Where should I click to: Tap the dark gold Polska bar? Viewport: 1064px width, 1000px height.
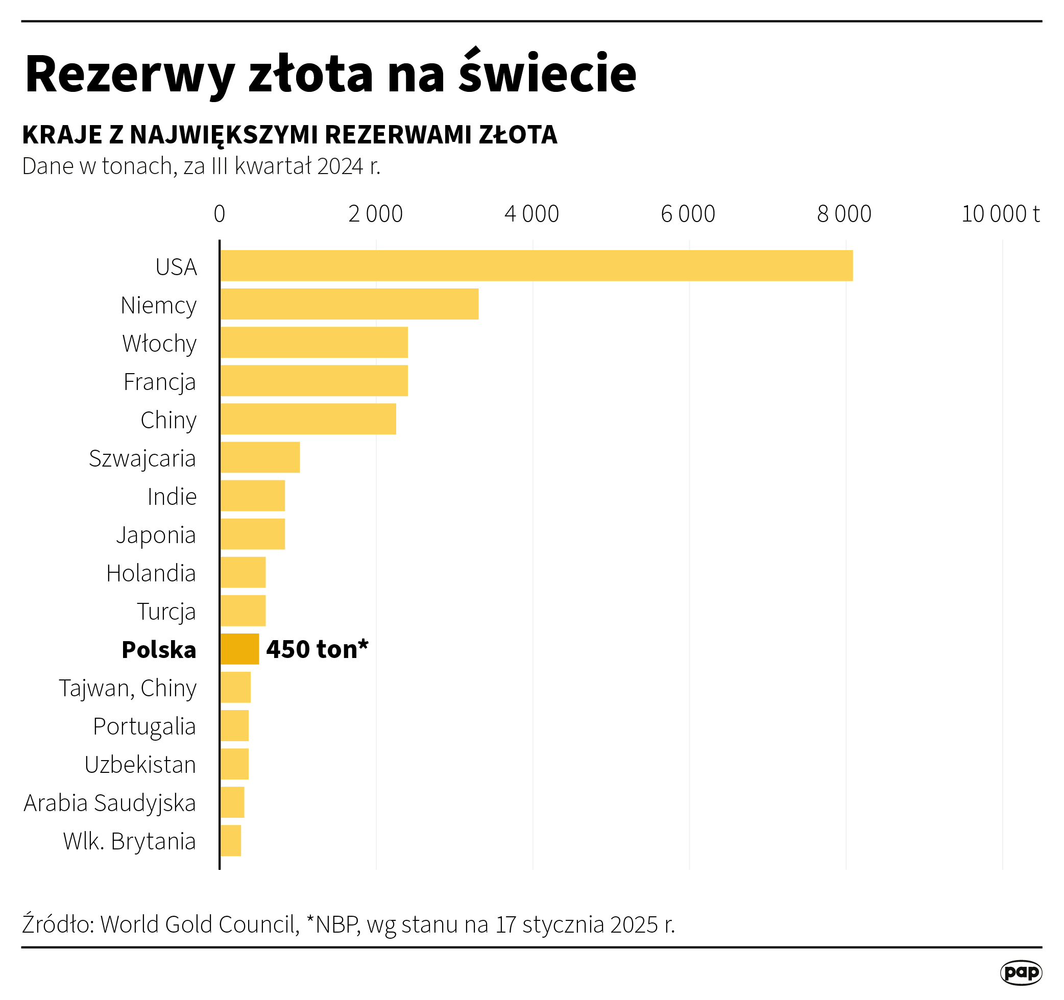tap(240, 649)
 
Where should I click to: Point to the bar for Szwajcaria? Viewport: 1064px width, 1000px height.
tap(260, 457)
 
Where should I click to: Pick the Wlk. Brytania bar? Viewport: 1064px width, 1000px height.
tap(231, 841)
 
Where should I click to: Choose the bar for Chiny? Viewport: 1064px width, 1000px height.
tap(308, 419)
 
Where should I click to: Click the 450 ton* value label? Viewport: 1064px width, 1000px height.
tap(318, 649)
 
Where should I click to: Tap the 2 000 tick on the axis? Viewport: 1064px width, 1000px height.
tap(375, 214)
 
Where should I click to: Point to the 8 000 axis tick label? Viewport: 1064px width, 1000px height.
tap(844, 214)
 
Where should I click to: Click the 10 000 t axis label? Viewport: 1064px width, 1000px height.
tap(1000, 214)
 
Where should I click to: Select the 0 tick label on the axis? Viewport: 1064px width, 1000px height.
tap(220, 214)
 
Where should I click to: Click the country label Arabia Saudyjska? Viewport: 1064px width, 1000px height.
tap(110, 803)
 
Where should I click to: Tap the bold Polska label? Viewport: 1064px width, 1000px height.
tap(159, 649)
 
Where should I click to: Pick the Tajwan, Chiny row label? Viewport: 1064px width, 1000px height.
tap(127, 688)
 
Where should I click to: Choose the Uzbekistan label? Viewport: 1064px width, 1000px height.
tap(140, 765)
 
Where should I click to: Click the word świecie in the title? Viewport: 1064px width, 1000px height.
tap(547, 74)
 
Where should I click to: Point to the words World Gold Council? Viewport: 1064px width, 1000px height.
tap(199, 924)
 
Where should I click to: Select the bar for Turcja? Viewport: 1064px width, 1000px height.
tap(243, 611)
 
